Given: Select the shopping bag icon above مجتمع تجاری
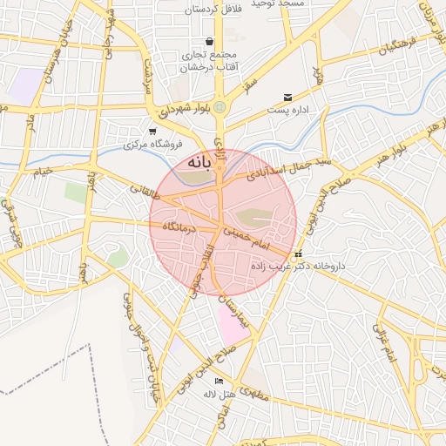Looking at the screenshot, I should point(209,41).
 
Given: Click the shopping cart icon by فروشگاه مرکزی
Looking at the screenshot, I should point(152,131).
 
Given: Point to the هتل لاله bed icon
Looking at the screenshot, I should point(219,381).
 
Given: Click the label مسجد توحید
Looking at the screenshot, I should point(280,4).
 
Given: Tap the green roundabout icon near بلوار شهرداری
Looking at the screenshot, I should point(220,108).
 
